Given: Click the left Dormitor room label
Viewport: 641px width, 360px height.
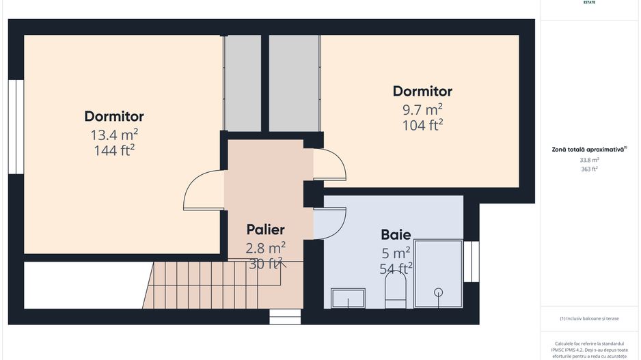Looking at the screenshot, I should pyautogui.click(x=114, y=116).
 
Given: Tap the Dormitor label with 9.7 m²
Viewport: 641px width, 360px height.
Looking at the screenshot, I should pyautogui.click(x=422, y=91).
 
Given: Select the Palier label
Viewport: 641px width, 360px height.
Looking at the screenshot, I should pyautogui.click(x=265, y=230).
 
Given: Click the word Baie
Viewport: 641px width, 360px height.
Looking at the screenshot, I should pyautogui.click(x=396, y=235).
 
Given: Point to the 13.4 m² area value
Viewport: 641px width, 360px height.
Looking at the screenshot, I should pyautogui.click(x=114, y=135).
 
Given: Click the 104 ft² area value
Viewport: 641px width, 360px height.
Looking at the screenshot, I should pyautogui.click(x=422, y=124).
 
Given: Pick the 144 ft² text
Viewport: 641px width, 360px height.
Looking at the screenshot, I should pyautogui.click(x=114, y=150).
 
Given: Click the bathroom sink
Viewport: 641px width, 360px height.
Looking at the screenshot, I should pyautogui.click(x=348, y=298).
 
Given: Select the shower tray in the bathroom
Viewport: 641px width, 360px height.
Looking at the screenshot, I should pyautogui.click(x=438, y=273).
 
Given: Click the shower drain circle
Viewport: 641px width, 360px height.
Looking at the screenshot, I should pyautogui.click(x=438, y=292).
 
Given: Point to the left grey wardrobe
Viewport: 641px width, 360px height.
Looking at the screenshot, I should pyautogui.click(x=243, y=83).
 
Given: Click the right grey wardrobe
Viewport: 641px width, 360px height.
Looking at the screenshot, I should pyautogui.click(x=295, y=83).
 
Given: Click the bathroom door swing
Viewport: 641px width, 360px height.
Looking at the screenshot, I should pyautogui.click(x=329, y=223).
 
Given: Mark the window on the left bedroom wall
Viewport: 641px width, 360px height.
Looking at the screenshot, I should pyautogui.click(x=16, y=126).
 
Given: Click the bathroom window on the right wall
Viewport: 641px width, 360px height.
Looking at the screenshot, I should pyautogui.click(x=472, y=261).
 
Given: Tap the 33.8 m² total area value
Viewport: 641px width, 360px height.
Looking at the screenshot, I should pyautogui.click(x=589, y=160).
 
